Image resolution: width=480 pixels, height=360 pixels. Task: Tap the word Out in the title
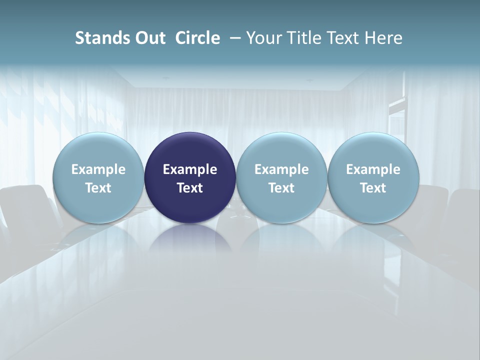[149, 38]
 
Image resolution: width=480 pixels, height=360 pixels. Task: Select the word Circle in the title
[197, 38]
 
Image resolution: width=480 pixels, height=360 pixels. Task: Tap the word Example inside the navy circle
[190, 169]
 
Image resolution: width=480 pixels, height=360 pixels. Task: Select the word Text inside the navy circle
[190, 188]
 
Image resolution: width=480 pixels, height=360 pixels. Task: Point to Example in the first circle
[98, 169]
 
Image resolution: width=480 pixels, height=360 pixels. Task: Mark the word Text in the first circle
[98, 188]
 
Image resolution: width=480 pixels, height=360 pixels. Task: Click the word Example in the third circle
[281, 169]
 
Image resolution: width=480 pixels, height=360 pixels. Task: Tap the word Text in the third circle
[281, 188]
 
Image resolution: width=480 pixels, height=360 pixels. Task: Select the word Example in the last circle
[373, 169]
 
